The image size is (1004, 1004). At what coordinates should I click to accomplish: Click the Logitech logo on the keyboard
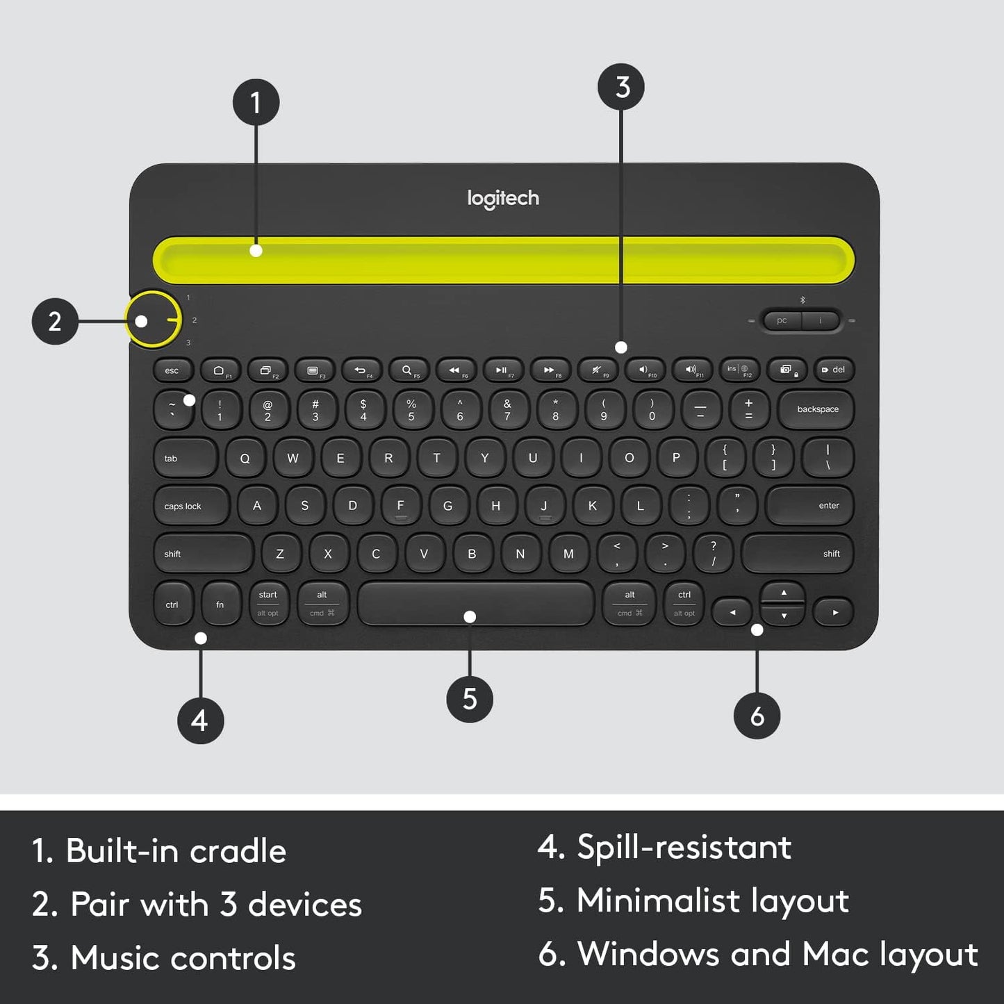(503, 199)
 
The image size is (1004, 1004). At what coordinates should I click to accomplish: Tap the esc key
(172, 370)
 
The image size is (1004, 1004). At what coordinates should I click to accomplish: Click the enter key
(810, 506)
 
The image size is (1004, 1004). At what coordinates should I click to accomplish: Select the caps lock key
(190, 506)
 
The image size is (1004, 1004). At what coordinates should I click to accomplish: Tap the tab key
(185, 459)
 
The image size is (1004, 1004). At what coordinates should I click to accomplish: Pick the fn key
(220, 604)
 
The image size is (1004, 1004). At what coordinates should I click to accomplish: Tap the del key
(834, 370)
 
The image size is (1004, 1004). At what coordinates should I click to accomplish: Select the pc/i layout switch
(801, 320)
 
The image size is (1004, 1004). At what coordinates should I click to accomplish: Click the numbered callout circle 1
(256, 102)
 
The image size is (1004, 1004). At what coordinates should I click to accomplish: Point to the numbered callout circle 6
(757, 716)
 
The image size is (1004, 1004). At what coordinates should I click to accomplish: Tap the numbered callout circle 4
(200, 721)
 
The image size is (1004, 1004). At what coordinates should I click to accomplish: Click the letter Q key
(245, 459)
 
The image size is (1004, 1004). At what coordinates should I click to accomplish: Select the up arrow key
(784, 593)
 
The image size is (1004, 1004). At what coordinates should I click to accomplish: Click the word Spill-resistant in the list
(684, 847)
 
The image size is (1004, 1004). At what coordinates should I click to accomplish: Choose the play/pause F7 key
(502, 370)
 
